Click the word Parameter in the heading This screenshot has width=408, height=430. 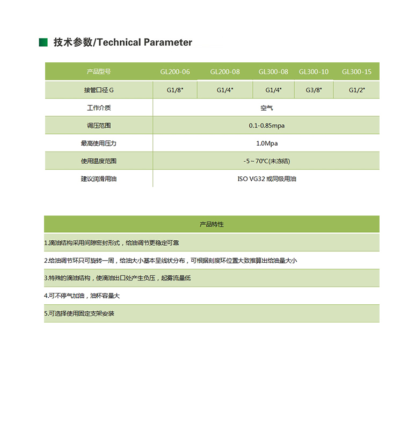click(x=167, y=42)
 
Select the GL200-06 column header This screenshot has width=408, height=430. click(x=175, y=71)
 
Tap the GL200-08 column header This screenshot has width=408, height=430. click(x=225, y=71)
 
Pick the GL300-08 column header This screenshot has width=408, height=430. click(x=273, y=71)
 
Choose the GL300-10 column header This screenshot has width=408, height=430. click(x=314, y=71)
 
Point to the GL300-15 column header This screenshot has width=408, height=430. click(x=356, y=71)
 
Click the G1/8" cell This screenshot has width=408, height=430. click(x=175, y=90)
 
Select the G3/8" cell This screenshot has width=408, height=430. click(x=314, y=90)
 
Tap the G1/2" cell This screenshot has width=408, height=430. click(x=356, y=90)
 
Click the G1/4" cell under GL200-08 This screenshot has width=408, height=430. click(x=225, y=90)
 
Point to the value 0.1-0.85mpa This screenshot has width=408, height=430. click(x=266, y=126)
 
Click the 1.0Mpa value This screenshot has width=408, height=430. click(x=267, y=144)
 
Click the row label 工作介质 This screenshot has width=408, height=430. click(x=99, y=108)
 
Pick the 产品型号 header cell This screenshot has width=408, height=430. click(x=99, y=71)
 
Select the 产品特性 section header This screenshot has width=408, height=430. click(x=212, y=224)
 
